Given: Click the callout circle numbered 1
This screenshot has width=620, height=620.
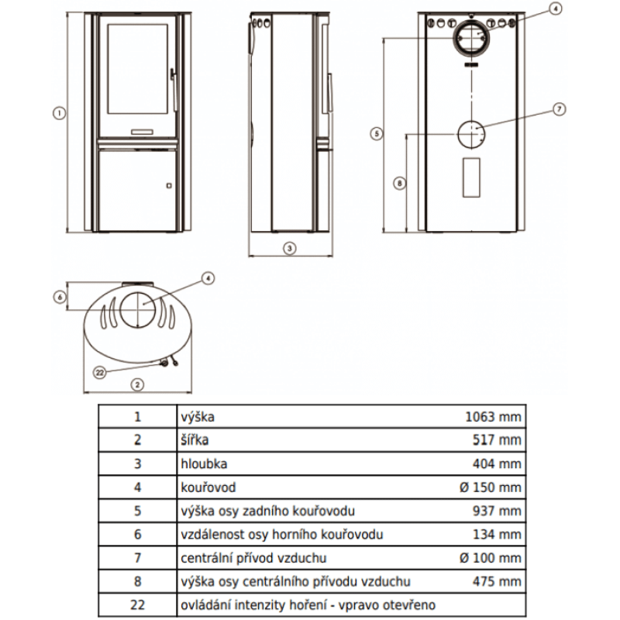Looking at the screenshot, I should point(57,113).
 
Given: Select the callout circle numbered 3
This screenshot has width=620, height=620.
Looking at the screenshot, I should point(288,249).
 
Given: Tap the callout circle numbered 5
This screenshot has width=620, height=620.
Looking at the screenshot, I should point(375,133).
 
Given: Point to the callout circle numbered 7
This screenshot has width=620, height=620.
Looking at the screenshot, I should point(560,109).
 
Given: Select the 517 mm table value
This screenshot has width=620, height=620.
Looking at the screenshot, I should point(498,440).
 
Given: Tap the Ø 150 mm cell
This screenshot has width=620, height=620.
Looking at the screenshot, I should point(489,487).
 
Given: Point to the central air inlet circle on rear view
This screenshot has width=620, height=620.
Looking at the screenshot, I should point(469,136).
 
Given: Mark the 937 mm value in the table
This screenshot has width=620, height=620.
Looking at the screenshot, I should point(498,511).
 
